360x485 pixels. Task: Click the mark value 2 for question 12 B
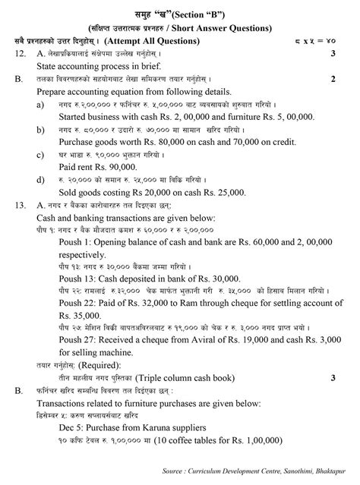pyautogui.click(x=333, y=78)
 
